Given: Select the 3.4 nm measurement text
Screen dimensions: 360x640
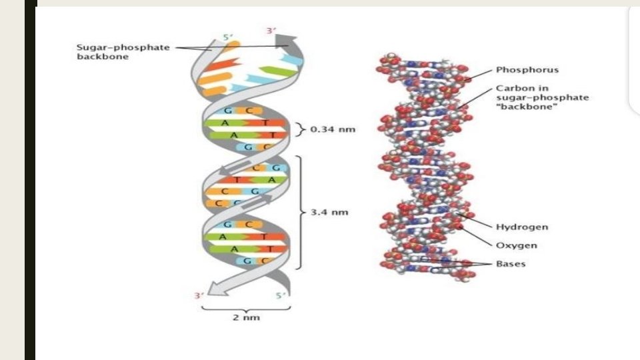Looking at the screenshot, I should pyautogui.click(x=329, y=213).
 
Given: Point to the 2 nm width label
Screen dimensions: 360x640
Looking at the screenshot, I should pyautogui.click(x=246, y=317).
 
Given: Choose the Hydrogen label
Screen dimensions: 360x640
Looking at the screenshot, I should pyautogui.click(x=521, y=227).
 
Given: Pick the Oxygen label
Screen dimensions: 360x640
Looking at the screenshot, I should pyautogui.click(x=516, y=245).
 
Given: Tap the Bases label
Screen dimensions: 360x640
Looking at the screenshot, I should pyautogui.click(x=511, y=264).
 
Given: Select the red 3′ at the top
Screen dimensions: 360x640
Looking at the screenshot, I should pyautogui.click(x=271, y=31).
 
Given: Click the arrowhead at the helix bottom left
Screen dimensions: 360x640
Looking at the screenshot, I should pyautogui.click(x=212, y=288).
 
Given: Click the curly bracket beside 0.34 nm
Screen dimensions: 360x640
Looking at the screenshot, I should pyautogui.click(x=299, y=129).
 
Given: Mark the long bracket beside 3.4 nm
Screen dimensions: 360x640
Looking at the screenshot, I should pyautogui.click(x=301, y=212).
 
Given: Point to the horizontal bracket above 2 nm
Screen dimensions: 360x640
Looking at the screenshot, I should pyautogui.click(x=246, y=307).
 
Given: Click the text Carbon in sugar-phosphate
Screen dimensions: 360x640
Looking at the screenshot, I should pyautogui.click(x=541, y=93).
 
